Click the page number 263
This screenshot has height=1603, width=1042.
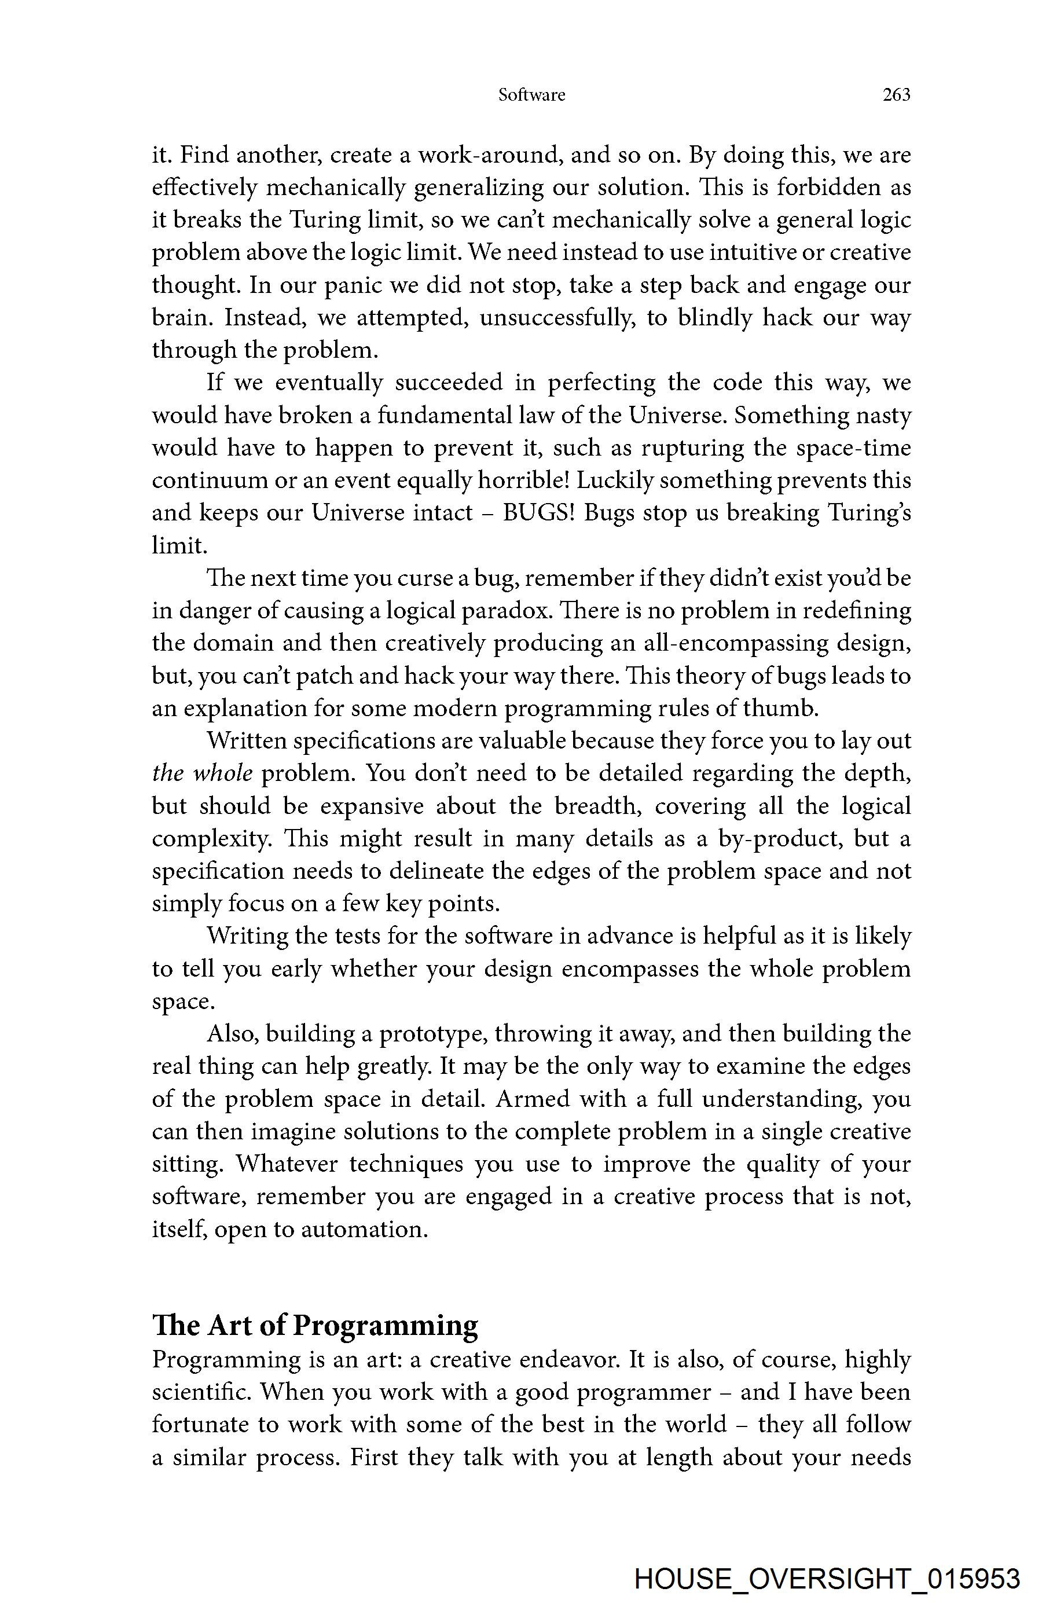[896, 95]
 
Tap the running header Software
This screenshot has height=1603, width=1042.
[531, 95]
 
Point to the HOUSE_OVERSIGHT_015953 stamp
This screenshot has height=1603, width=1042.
[827, 1579]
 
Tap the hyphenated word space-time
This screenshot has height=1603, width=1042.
[853, 448]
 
